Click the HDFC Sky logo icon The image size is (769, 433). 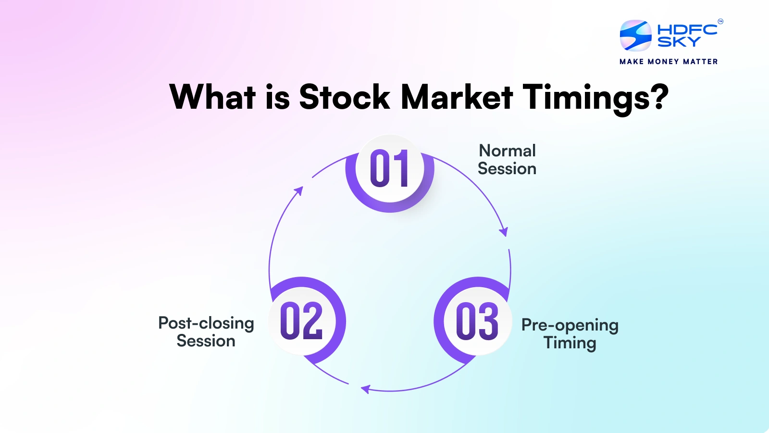coord(635,36)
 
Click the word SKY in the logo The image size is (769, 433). coord(679,41)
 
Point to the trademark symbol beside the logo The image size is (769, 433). coord(720,22)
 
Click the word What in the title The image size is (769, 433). coord(213,97)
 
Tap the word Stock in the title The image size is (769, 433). coord(344,97)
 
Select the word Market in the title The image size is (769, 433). coord(457,97)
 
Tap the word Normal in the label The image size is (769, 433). coord(508,151)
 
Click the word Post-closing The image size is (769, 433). coord(206,324)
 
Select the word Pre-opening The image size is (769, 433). coord(570,325)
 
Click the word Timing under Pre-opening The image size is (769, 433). coord(570,344)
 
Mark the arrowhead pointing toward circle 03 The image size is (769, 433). coord(504,232)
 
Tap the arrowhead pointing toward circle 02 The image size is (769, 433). coord(365,389)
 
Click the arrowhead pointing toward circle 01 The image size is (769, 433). coord(299,191)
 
